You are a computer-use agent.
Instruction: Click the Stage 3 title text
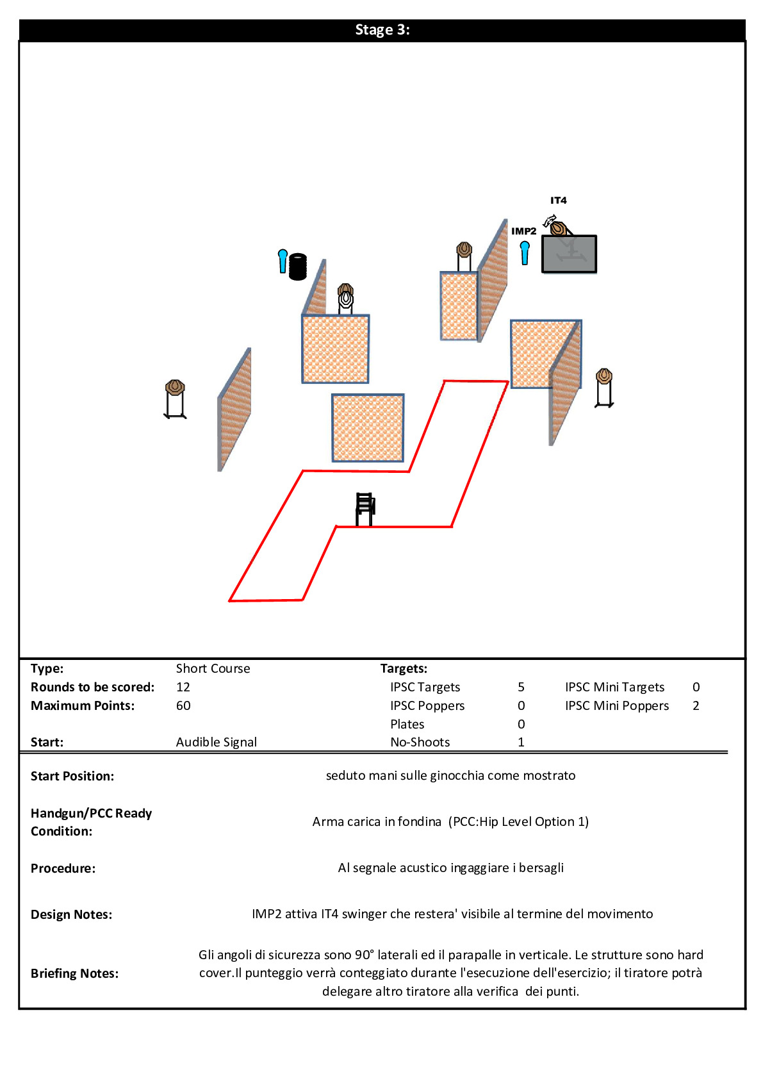(x=382, y=30)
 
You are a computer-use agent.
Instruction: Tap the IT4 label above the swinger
(x=558, y=201)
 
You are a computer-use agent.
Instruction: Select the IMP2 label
(x=523, y=231)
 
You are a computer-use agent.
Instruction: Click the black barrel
(x=298, y=267)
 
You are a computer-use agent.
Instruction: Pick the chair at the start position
(x=365, y=509)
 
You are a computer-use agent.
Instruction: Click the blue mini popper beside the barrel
(x=283, y=261)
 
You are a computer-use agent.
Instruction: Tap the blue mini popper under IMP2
(x=525, y=252)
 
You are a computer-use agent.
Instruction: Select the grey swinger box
(x=569, y=254)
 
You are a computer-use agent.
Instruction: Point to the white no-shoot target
(x=346, y=299)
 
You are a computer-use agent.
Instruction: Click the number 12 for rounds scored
(x=183, y=688)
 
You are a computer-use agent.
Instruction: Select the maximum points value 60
(x=183, y=706)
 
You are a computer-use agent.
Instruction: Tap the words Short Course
(x=213, y=669)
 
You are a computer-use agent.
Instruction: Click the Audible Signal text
(x=216, y=743)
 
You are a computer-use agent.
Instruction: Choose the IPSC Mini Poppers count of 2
(x=696, y=706)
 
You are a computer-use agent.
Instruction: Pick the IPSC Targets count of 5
(x=521, y=688)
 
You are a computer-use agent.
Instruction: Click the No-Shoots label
(x=420, y=743)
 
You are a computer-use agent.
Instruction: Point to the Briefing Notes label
(x=74, y=974)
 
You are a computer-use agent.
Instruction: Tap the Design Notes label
(x=71, y=915)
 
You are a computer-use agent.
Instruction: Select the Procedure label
(x=63, y=869)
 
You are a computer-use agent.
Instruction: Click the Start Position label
(x=72, y=777)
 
